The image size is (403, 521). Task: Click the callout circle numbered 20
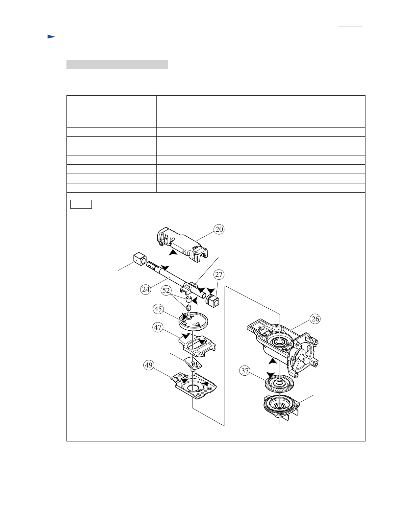[x=219, y=229]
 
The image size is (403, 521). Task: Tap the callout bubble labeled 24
[x=146, y=289]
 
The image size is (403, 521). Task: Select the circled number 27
[x=219, y=274]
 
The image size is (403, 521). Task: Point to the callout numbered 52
[x=166, y=290]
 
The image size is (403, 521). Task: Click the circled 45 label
[x=158, y=309]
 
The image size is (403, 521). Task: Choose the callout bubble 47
[x=158, y=327]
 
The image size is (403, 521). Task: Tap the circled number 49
[x=149, y=365]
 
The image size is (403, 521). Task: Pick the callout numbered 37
[x=245, y=371]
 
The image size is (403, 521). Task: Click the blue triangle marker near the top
[x=51, y=37]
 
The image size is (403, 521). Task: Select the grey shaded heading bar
[x=117, y=65]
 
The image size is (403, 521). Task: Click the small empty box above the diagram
[x=81, y=204]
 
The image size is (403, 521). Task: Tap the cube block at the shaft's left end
[x=139, y=259]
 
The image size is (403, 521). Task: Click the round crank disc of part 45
[x=193, y=321]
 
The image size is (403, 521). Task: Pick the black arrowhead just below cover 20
[x=173, y=252]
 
